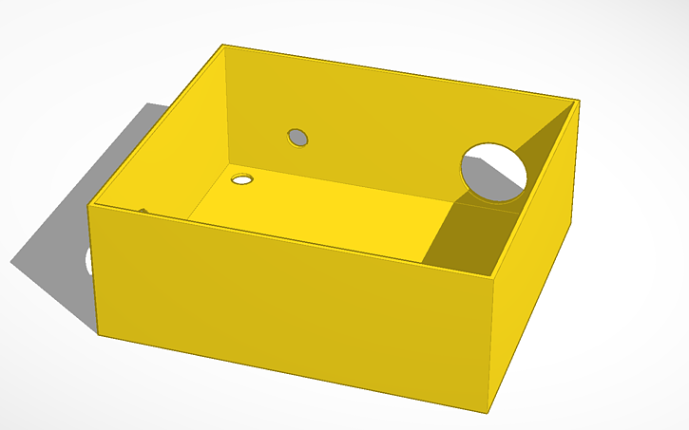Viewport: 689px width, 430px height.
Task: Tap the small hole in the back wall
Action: pyautogui.click(x=298, y=138)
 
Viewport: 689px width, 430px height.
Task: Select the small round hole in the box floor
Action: pyautogui.click(x=242, y=178)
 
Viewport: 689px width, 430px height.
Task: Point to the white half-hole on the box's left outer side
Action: pyautogui.click(x=89, y=260)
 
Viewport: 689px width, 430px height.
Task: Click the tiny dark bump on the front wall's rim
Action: pyautogui.click(x=144, y=211)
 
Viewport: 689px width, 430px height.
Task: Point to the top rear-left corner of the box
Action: pyautogui.click(x=222, y=45)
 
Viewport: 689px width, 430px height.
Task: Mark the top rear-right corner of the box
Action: pyautogui.click(x=579, y=99)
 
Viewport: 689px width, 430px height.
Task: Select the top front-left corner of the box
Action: pyautogui.click(x=90, y=205)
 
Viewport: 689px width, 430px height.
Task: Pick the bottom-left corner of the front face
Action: pyautogui.click(x=99, y=334)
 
